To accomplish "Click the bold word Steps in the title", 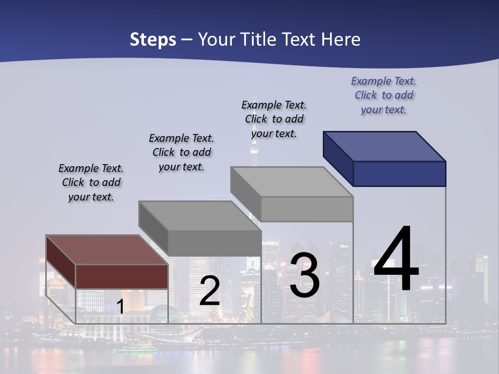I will coord(153,40).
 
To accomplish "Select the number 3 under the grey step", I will coord(304,275).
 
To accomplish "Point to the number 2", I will coord(209,291).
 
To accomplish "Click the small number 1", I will coord(120,306).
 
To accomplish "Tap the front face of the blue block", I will coord(399,173).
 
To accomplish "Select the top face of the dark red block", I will coord(107,250).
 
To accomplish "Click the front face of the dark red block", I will coord(122,276).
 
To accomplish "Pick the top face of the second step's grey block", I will coord(200,216).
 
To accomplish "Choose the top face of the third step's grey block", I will coord(292,182).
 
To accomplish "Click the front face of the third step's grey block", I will coord(307,209).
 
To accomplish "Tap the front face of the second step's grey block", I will coord(214,243).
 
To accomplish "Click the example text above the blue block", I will coord(384,95).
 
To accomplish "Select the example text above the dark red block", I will coord(91,182).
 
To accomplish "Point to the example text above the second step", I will coord(181,152).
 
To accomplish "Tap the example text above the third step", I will coord(274,119).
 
